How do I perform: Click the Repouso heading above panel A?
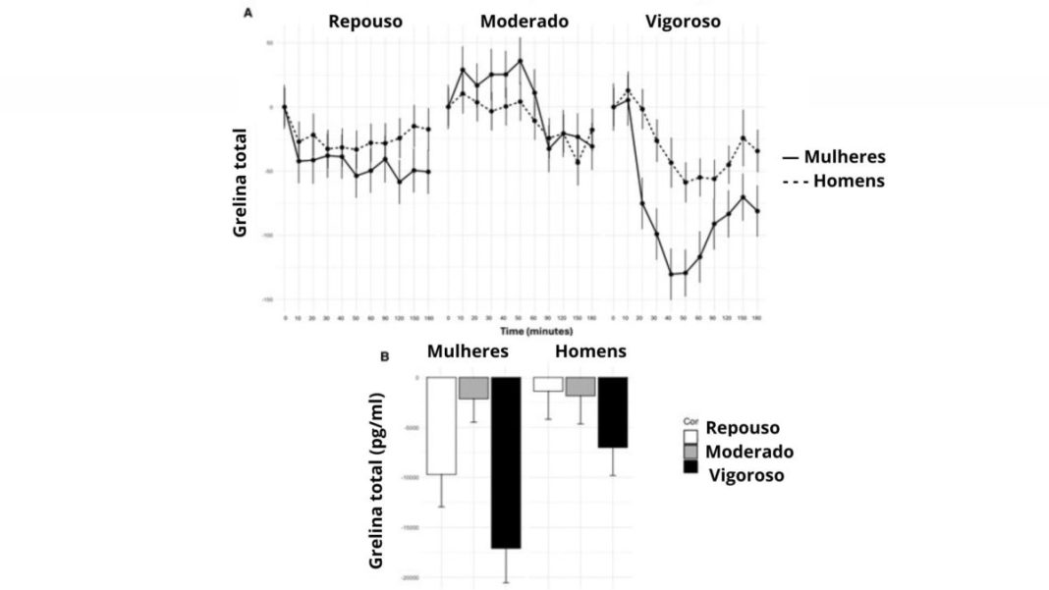click(x=365, y=22)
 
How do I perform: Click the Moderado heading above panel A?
click(x=524, y=22)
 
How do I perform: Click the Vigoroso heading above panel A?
click(x=684, y=22)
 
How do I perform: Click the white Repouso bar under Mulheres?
click(x=441, y=425)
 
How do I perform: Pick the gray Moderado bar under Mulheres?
click(x=473, y=388)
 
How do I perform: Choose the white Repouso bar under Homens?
click(x=547, y=385)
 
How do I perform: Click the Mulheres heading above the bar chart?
click(x=468, y=351)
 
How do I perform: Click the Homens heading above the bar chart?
click(x=591, y=351)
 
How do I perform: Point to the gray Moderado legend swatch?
click(x=690, y=450)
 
